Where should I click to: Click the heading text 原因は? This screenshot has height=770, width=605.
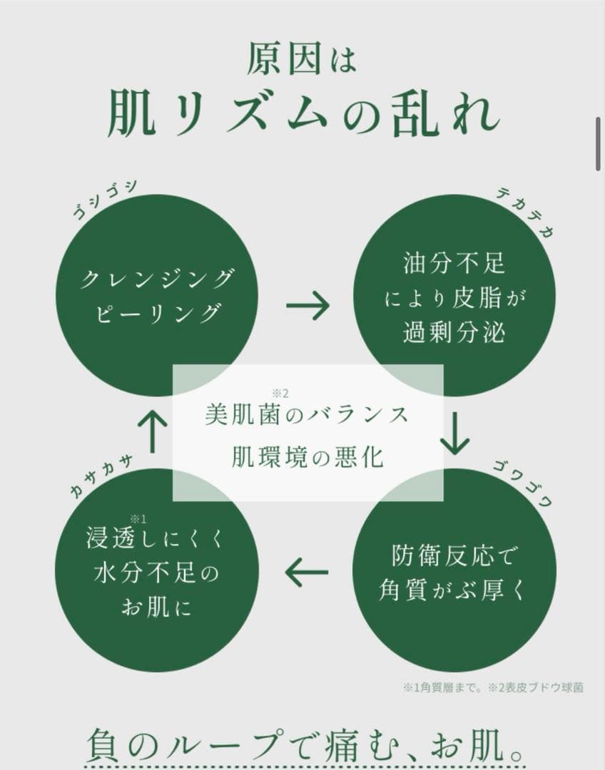click(x=302, y=58)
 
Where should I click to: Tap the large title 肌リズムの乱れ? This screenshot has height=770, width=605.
click(x=302, y=115)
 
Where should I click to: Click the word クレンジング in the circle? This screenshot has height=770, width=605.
click(x=157, y=279)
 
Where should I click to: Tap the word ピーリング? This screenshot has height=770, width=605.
click(x=157, y=314)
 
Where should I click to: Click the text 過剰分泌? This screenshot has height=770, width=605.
click(x=454, y=333)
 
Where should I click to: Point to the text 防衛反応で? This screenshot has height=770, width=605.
click(x=454, y=555)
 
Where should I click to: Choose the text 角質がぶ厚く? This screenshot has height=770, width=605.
click(x=454, y=590)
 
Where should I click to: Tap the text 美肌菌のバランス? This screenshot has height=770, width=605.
click(x=307, y=415)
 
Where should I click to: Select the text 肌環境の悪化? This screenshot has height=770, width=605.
click(x=307, y=457)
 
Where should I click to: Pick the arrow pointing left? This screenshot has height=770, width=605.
click(x=307, y=573)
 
